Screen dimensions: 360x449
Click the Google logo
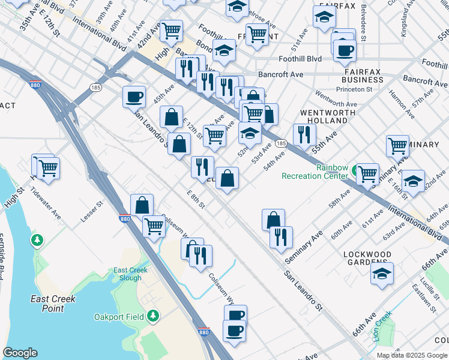click(x=20, y=353)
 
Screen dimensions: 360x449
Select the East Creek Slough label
click(x=130, y=274)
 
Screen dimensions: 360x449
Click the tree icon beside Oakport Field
click(x=153, y=315)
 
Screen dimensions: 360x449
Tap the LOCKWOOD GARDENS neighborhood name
click(x=367, y=258)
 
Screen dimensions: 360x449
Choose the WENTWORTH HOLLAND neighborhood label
click(x=324, y=116)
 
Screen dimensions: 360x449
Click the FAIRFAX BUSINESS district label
click(x=367, y=75)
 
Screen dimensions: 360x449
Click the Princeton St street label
click(x=354, y=89)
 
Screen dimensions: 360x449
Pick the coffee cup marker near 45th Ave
click(x=134, y=97)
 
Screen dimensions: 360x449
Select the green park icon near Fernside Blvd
click(x=37, y=240)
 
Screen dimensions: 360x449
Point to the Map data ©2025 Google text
click(x=412, y=355)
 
